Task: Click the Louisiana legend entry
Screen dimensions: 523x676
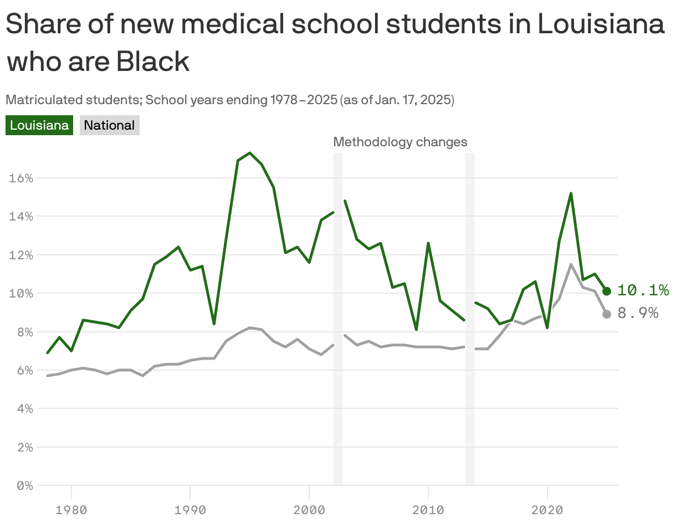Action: click(x=39, y=125)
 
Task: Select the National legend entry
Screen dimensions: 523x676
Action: click(x=109, y=125)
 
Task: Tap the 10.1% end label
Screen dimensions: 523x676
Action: click(x=643, y=290)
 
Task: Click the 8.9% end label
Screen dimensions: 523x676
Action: click(x=638, y=314)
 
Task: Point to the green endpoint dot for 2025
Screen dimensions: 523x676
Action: click(x=607, y=291)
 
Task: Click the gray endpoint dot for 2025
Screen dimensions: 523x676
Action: click(x=607, y=314)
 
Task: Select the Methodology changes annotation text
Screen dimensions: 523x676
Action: click(x=400, y=142)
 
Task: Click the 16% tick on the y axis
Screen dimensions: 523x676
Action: click(x=21, y=178)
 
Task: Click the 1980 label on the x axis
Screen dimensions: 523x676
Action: click(x=71, y=509)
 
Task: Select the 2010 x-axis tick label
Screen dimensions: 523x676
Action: click(x=428, y=509)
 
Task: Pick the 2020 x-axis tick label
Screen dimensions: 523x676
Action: click(x=547, y=509)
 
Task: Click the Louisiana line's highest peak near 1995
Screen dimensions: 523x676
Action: click(x=250, y=153)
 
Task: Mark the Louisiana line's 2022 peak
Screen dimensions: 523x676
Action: click(x=571, y=193)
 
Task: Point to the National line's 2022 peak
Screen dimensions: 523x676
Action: click(x=571, y=264)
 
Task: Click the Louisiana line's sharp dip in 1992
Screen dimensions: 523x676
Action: click(x=214, y=324)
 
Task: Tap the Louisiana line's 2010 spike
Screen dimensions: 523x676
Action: click(x=428, y=243)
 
